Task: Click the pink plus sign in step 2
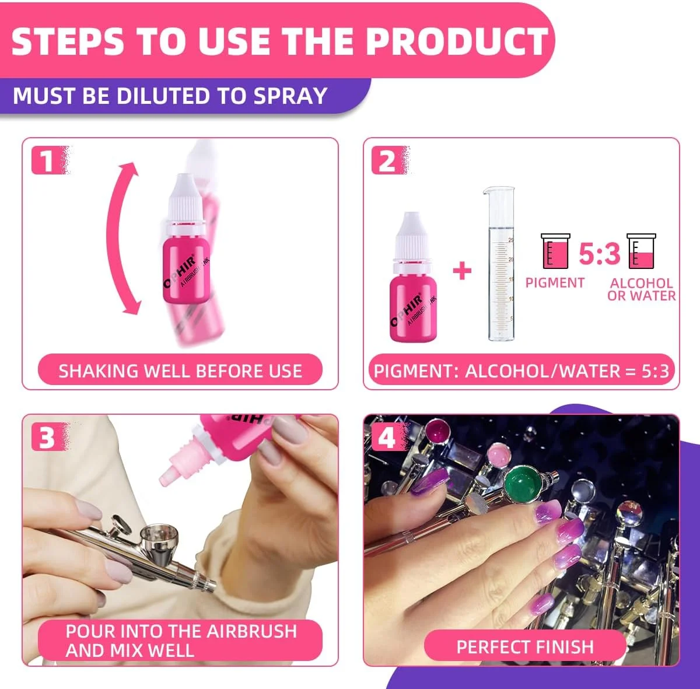click(462, 271)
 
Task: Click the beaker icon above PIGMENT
click(555, 251)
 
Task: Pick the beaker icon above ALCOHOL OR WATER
click(641, 251)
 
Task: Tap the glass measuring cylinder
click(501, 264)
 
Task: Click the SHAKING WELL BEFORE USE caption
click(180, 370)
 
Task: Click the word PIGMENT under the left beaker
click(555, 282)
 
